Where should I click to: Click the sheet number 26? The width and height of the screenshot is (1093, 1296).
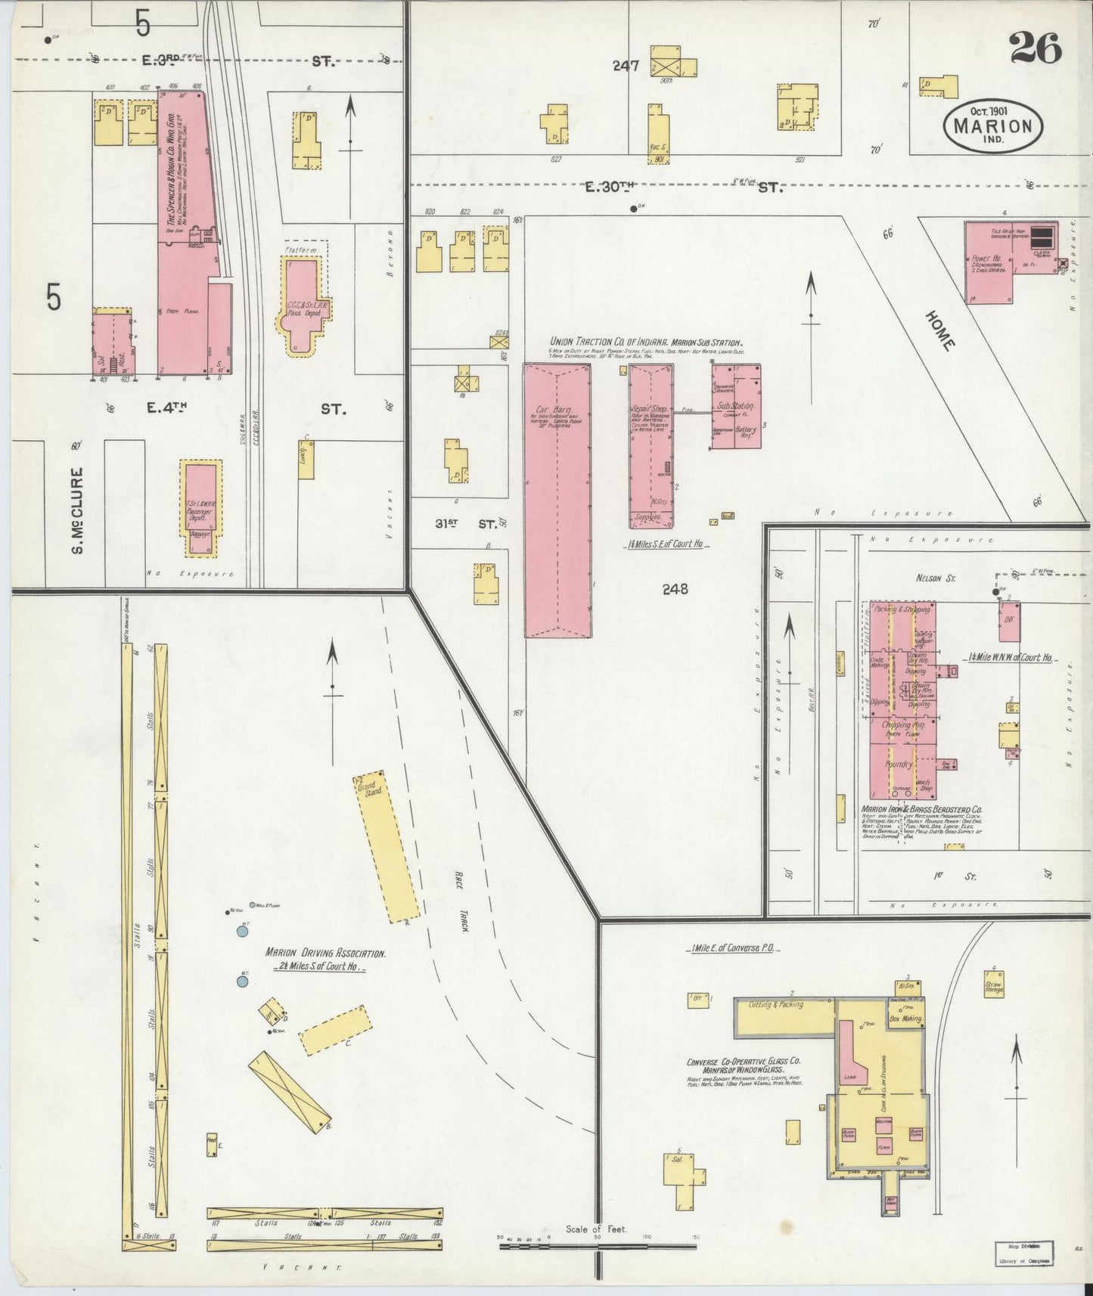point(1036,50)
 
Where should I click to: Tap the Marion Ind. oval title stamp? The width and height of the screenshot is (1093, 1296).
point(992,126)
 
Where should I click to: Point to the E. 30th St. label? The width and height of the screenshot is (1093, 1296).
point(687,186)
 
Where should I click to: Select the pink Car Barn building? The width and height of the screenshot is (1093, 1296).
point(557,499)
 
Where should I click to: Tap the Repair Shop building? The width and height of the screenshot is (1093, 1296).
point(651,446)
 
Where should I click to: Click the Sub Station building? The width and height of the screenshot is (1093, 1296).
point(735,406)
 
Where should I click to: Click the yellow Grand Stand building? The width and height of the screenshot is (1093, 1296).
point(386,845)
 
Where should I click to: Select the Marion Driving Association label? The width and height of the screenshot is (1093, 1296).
point(325,954)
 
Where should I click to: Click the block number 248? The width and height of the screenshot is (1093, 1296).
point(675,588)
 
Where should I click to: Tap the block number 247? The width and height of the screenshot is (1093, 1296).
point(626,66)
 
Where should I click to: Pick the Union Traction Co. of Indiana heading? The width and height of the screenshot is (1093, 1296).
point(645,342)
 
